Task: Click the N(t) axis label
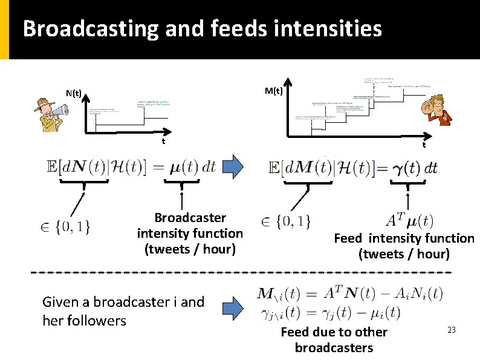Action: pyautogui.click(x=74, y=93)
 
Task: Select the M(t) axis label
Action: pyautogui.click(x=274, y=91)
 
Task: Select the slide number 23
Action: pyautogui.click(x=451, y=330)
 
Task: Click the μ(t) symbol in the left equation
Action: pyautogui.click(x=183, y=166)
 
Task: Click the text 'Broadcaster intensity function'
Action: pyautogui.click(x=190, y=225)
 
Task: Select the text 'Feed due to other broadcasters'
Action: pyautogui.click(x=334, y=339)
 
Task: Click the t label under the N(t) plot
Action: pyautogui.click(x=163, y=142)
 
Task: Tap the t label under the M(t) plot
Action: pyautogui.click(x=424, y=145)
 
